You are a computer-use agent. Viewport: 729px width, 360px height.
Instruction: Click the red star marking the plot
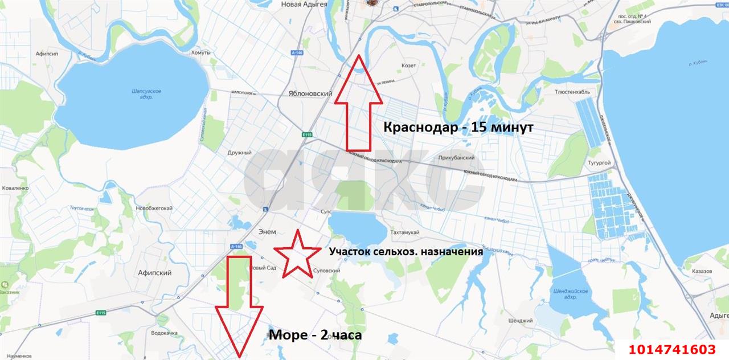point(297,254)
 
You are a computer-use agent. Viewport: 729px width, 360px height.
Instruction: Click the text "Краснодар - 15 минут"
point(458,128)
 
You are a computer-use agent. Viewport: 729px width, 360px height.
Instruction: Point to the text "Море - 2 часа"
point(315,335)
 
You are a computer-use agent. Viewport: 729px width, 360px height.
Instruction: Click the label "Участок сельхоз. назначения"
point(406,251)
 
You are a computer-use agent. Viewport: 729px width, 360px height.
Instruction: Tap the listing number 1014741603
point(672,349)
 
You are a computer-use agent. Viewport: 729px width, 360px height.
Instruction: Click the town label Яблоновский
point(310,93)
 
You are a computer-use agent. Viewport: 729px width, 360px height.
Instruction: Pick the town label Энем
point(267,232)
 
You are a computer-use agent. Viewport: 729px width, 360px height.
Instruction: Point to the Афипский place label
point(154,273)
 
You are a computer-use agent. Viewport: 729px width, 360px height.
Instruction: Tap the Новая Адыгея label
point(304,4)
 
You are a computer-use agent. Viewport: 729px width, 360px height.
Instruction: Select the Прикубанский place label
point(457,157)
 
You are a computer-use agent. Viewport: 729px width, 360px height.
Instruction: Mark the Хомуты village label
point(200,52)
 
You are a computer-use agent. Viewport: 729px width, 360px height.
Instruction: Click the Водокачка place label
point(165,333)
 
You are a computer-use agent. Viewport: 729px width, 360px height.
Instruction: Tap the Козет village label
point(408,66)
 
